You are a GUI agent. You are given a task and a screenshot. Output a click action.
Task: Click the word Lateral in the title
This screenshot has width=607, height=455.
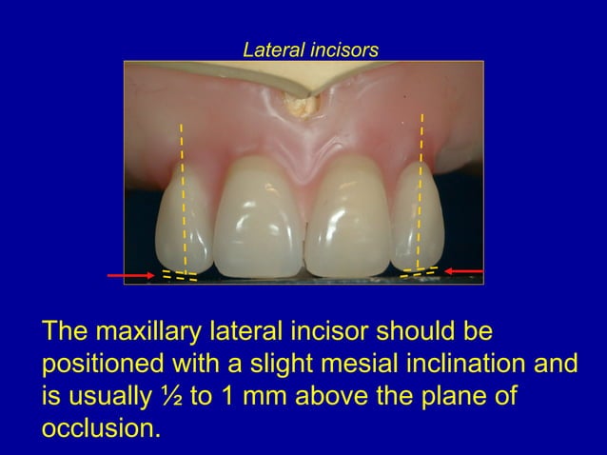[x=273, y=49]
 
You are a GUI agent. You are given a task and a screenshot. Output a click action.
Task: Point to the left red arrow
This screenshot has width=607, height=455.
[x=130, y=275]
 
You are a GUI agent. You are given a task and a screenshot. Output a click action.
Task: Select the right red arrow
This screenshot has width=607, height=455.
[x=464, y=271]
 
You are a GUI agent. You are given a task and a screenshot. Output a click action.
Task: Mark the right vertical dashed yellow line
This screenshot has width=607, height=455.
[x=420, y=190]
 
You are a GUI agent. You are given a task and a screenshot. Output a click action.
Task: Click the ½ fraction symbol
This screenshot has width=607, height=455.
[x=174, y=396]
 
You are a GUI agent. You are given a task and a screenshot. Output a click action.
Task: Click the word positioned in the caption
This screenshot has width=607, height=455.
[x=101, y=365]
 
